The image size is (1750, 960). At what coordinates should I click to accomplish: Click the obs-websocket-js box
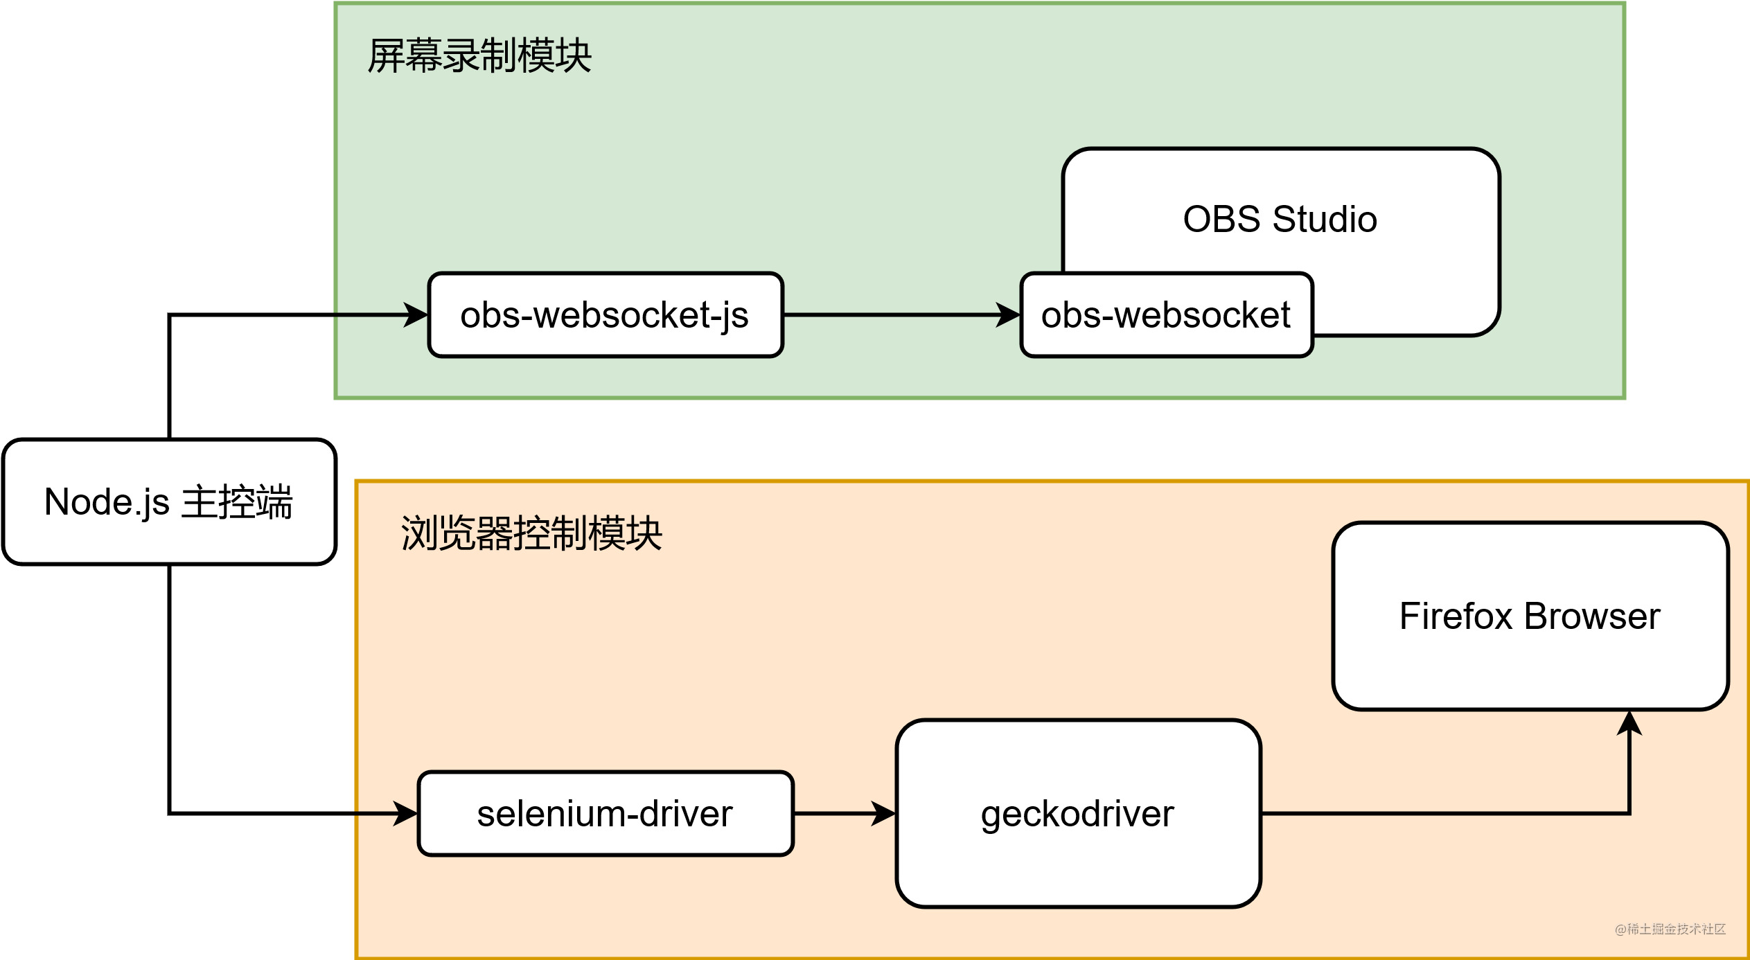coord(605,315)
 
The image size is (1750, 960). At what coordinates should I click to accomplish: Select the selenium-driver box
coord(605,813)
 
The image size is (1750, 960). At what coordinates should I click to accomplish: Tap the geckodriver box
coord(1077,813)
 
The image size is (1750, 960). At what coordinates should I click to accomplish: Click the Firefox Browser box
coord(1530,616)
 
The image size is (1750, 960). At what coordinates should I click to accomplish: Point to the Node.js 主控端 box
coord(169,501)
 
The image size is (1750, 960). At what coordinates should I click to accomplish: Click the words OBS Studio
coord(1280,219)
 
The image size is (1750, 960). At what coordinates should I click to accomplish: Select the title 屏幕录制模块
coord(479,55)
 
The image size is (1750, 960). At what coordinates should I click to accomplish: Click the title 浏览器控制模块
coord(531,533)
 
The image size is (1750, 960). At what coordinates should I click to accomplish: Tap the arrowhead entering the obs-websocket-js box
coord(416,315)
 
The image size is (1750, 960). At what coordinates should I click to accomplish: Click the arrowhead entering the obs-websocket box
coord(1008,315)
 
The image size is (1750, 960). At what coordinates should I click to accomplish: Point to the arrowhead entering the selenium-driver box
coord(405,813)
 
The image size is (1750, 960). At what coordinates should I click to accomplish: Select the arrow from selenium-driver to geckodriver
coord(838,813)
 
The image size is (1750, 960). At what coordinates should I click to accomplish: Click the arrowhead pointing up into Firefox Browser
coord(1629,725)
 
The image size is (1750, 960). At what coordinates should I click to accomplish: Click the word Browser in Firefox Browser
coord(1591,616)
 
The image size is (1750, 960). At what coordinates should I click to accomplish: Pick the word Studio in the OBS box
coord(1325,219)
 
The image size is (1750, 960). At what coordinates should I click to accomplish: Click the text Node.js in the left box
coord(106,501)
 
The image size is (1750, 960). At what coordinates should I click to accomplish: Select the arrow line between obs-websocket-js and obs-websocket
coord(894,315)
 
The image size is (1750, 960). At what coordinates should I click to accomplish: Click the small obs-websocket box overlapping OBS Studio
coord(1166,315)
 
